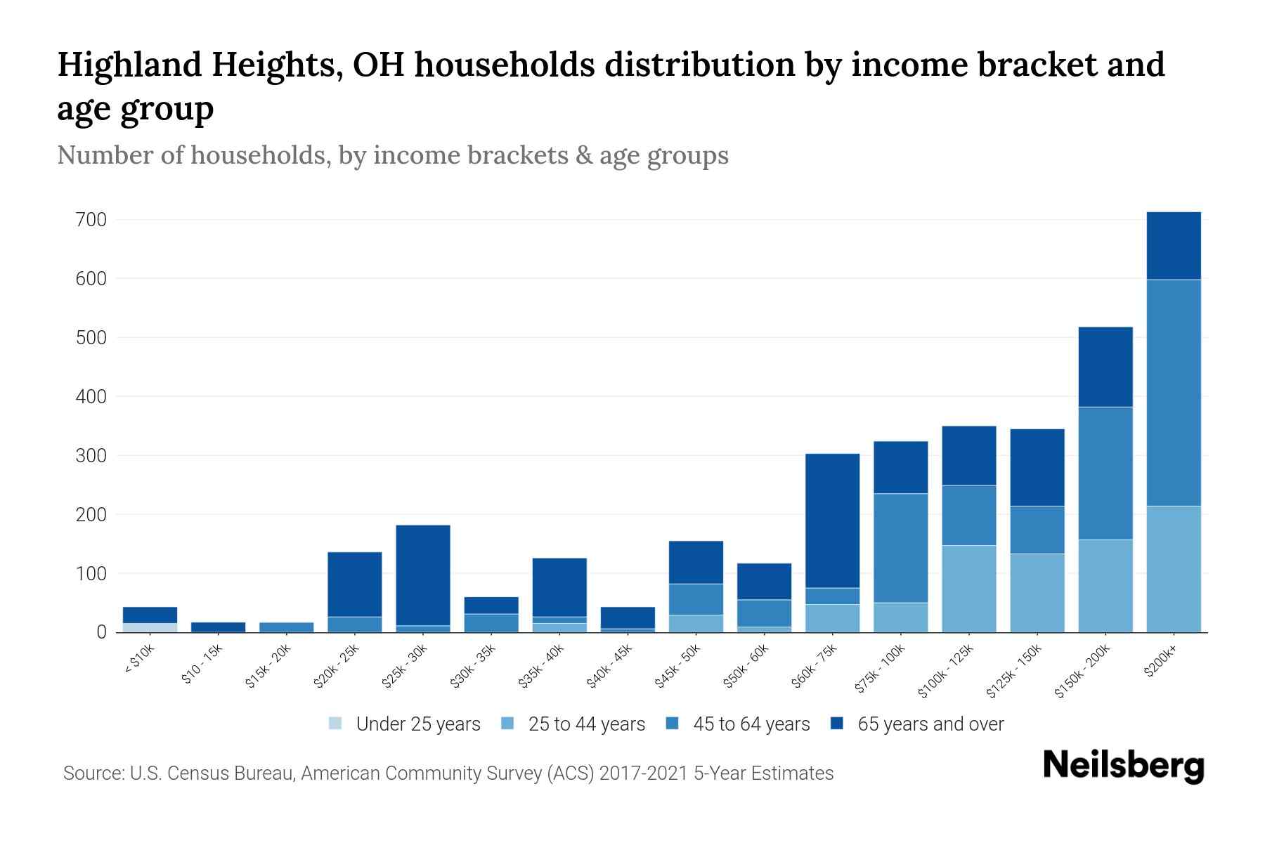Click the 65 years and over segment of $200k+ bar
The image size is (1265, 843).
[1173, 246]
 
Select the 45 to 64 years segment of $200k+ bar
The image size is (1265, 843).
[1173, 393]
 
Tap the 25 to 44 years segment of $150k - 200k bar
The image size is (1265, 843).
[1105, 586]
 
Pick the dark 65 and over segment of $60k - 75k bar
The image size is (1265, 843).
[832, 521]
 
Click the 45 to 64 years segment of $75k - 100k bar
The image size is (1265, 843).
[900, 548]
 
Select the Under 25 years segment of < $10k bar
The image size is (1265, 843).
[150, 627]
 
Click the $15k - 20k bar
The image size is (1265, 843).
[286, 627]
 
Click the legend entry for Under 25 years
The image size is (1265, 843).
[417, 724]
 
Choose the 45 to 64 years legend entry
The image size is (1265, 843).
[751, 724]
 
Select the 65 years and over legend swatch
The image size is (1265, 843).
[837, 724]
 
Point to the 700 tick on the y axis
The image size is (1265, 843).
[91, 220]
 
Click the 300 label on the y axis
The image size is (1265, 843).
[91, 456]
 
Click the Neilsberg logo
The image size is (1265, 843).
[1123, 766]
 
